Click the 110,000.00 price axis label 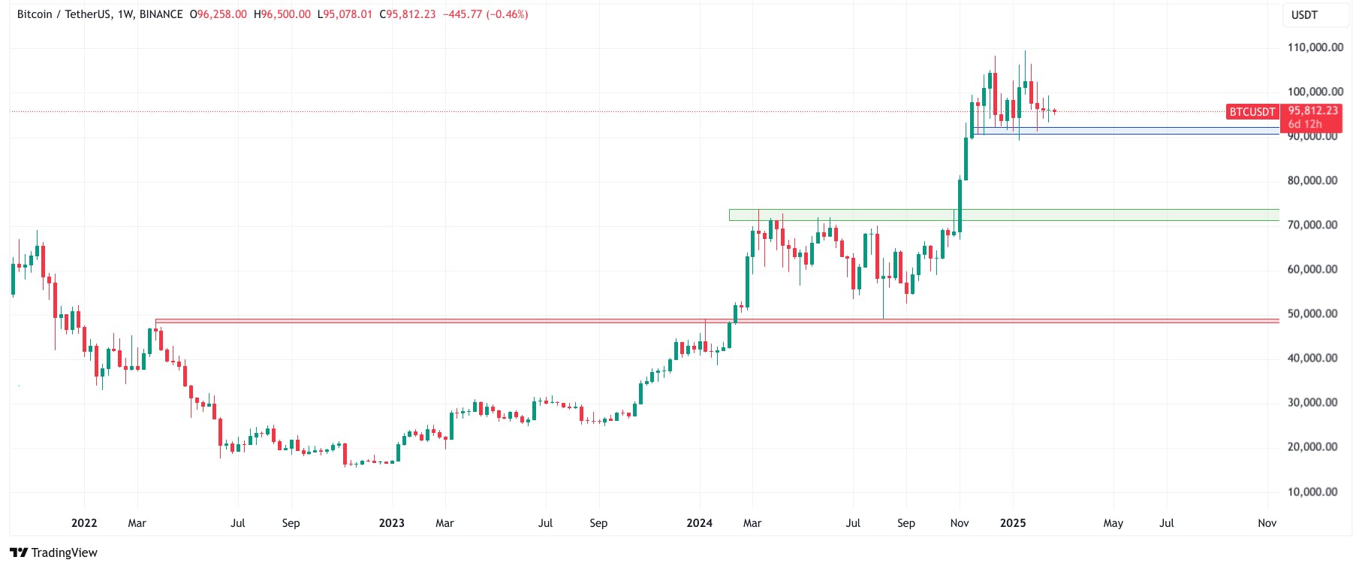pyautogui.click(x=1315, y=47)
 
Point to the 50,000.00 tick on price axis pyautogui.click(x=1312, y=313)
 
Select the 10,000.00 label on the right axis pyautogui.click(x=1312, y=492)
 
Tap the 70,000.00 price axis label pyautogui.click(x=1312, y=225)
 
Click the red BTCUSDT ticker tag pyautogui.click(x=1252, y=112)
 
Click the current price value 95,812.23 pyautogui.click(x=1312, y=110)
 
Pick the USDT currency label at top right pyautogui.click(x=1304, y=15)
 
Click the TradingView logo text pyautogui.click(x=64, y=552)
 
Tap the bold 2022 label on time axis pyautogui.click(x=84, y=523)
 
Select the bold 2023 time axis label pyautogui.click(x=391, y=523)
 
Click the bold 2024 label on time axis pyautogui.click(x=699, y=523)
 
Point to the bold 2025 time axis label pyautogui.click(x=1012, y=523)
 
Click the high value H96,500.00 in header pyautogui.click(x=282, y=14)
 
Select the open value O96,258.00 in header pyautogui.click(x=218, y=14)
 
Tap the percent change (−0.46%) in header pyautogui.click(x=507, y=14)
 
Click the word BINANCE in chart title pyautogui.click(x=161, y=14)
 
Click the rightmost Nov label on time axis pyautogui.click(x=1267, y=523)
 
